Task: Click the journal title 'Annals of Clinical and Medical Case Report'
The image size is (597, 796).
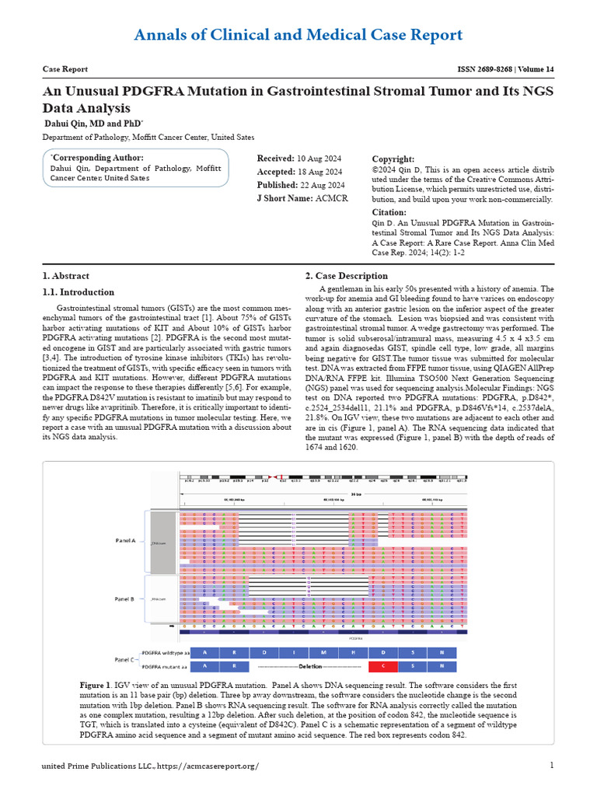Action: (298, 35)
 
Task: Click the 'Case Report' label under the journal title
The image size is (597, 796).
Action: (65, 69)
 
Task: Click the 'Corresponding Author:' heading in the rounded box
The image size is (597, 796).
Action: (98, 158)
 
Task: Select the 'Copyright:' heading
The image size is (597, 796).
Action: (393, 159)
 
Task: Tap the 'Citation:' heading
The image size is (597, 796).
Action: (389, 211)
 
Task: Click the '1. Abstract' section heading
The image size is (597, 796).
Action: (65, 276)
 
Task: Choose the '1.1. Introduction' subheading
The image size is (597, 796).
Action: (78, 292)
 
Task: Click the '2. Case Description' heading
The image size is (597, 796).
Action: (346, 276)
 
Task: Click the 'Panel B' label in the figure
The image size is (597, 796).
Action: (125, 599)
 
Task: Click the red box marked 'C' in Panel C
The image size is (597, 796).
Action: (382, 666)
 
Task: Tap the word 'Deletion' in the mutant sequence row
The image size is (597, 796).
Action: (309, 666)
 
